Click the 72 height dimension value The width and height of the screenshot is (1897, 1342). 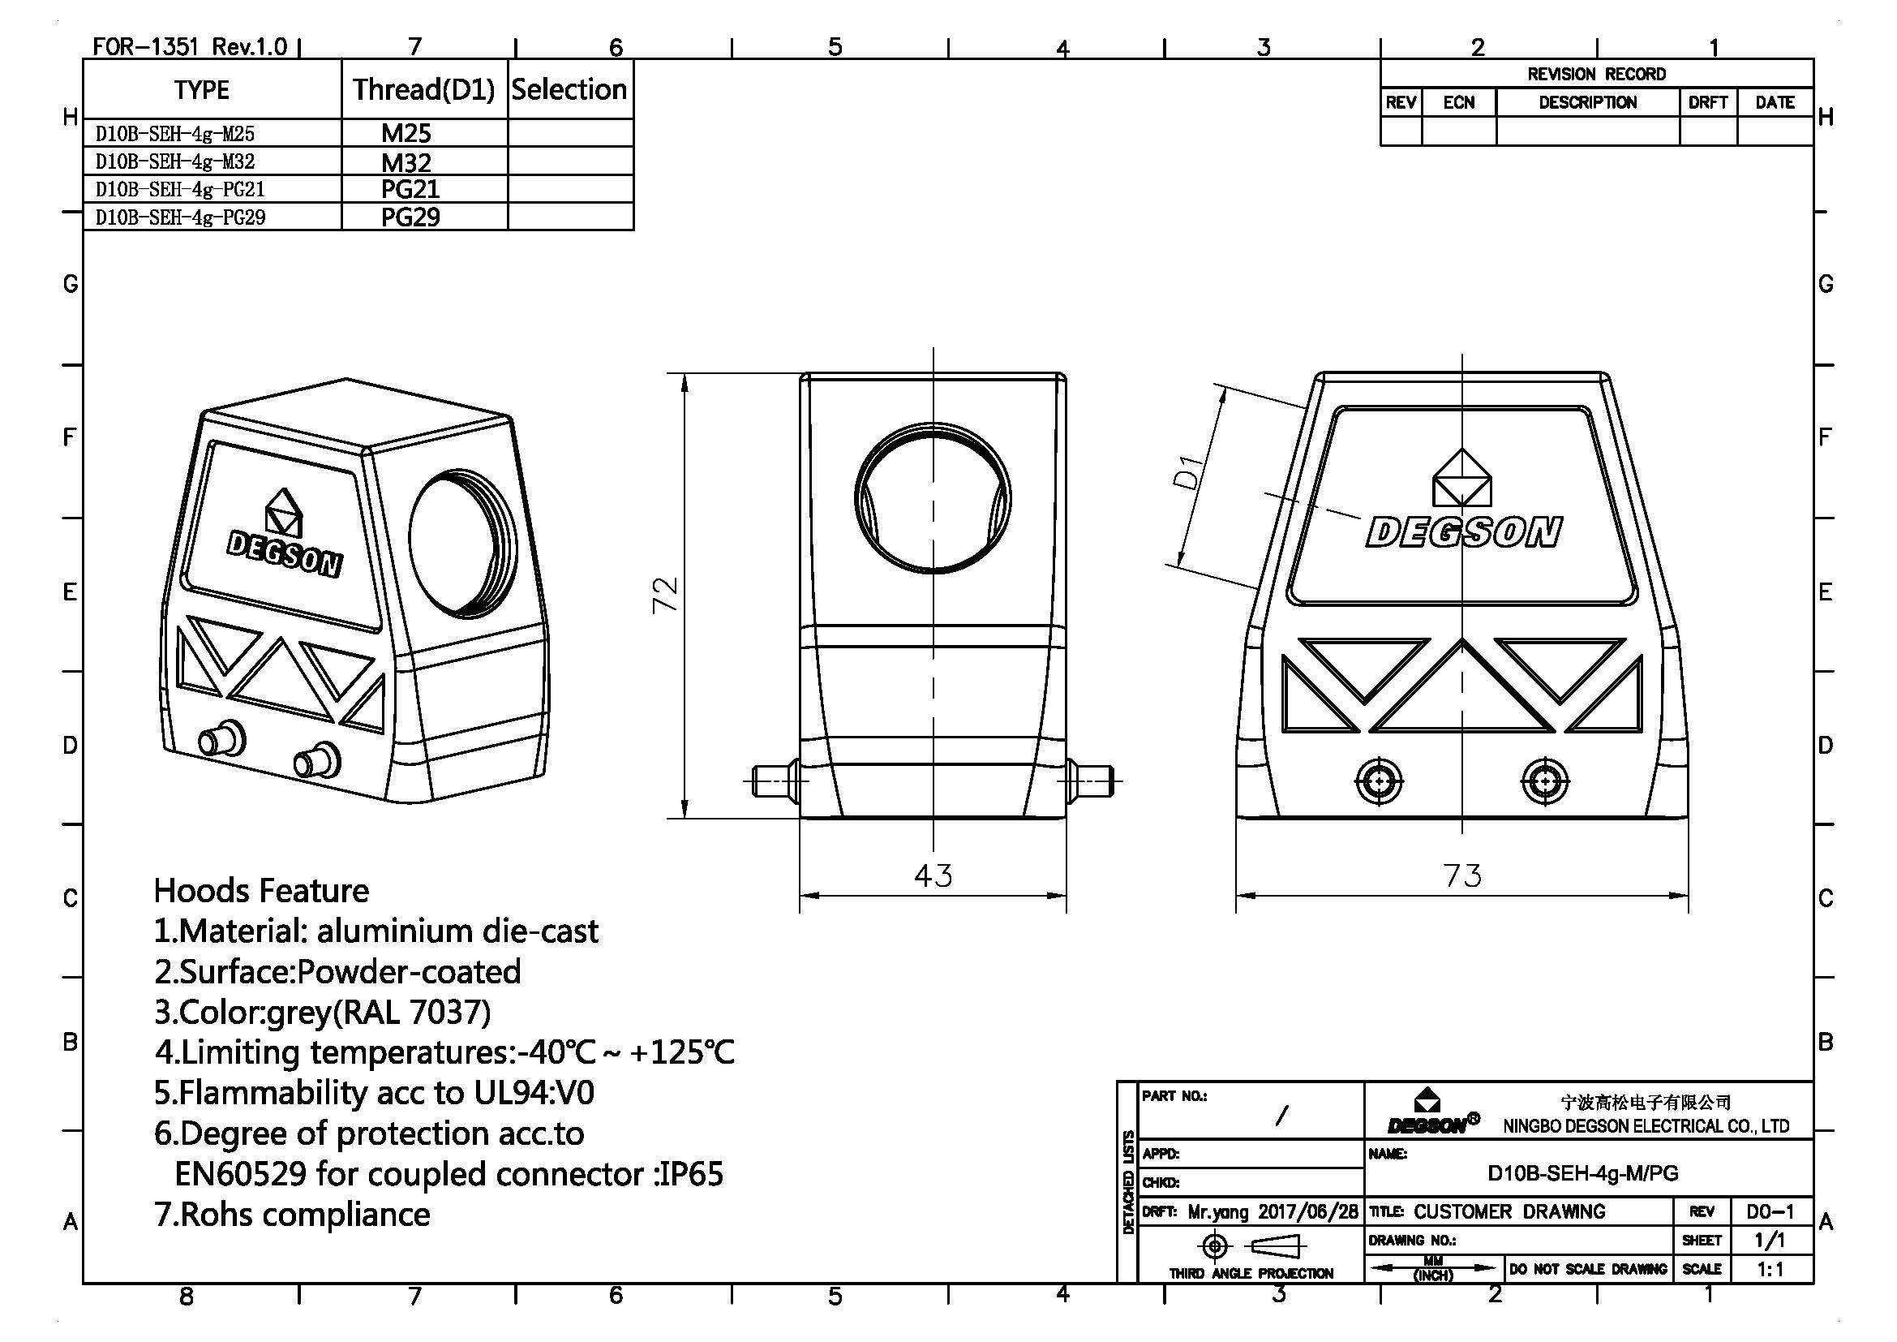point(666,594)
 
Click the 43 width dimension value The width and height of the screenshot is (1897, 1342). point(933,875)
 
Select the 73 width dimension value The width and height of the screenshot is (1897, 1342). point(1461,875)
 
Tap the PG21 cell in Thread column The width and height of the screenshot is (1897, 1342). point(410,189)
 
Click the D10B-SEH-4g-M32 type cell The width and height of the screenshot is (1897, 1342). point(175,161)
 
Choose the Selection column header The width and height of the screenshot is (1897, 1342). point(569,89)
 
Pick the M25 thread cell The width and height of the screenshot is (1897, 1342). point(406,133)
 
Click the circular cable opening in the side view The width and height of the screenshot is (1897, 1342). point(933,499)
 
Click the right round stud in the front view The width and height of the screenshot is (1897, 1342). point(1543,780)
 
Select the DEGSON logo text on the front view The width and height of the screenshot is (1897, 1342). point(1463,532)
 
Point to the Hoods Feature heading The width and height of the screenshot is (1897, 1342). point(261,891)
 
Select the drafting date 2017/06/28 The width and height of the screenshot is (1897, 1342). point(1308,1211)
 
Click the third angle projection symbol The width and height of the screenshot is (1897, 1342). point(1251,1245)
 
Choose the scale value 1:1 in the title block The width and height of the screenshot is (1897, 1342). point(1770,1269)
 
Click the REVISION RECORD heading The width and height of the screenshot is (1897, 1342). point(1595,75)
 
